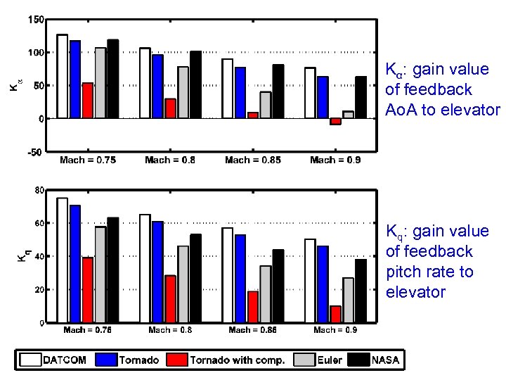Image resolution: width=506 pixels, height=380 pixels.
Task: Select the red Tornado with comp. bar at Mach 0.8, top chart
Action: coord(170,108)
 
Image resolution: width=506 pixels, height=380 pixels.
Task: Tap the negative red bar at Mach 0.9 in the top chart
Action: coord(335,121)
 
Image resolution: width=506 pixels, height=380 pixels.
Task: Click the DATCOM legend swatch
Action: coord(31,360)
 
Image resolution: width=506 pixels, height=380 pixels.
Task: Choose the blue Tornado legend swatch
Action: coord(106,360)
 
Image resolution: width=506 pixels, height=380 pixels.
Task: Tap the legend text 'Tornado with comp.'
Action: coord(237,360)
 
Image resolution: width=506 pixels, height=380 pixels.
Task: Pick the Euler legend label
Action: coord(329,360)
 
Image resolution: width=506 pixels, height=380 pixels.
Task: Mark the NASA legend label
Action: coord(385,360)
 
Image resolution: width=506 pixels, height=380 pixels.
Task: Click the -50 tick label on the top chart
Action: coord(34,151)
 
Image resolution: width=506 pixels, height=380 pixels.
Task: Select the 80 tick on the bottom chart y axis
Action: coord(40,190)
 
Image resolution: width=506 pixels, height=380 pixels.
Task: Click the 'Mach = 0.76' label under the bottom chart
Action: coord(88,329)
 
